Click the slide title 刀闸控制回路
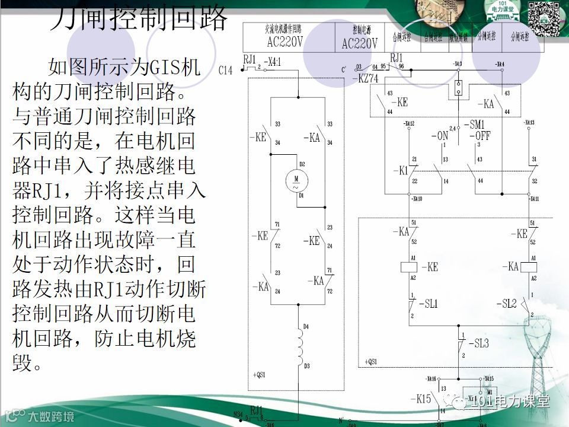pos(138,18)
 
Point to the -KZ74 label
pos(365,78)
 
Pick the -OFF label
pos(481,136)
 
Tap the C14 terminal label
pos(225,71)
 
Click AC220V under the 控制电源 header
pos(359,44)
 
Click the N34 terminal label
pos(238,414)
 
